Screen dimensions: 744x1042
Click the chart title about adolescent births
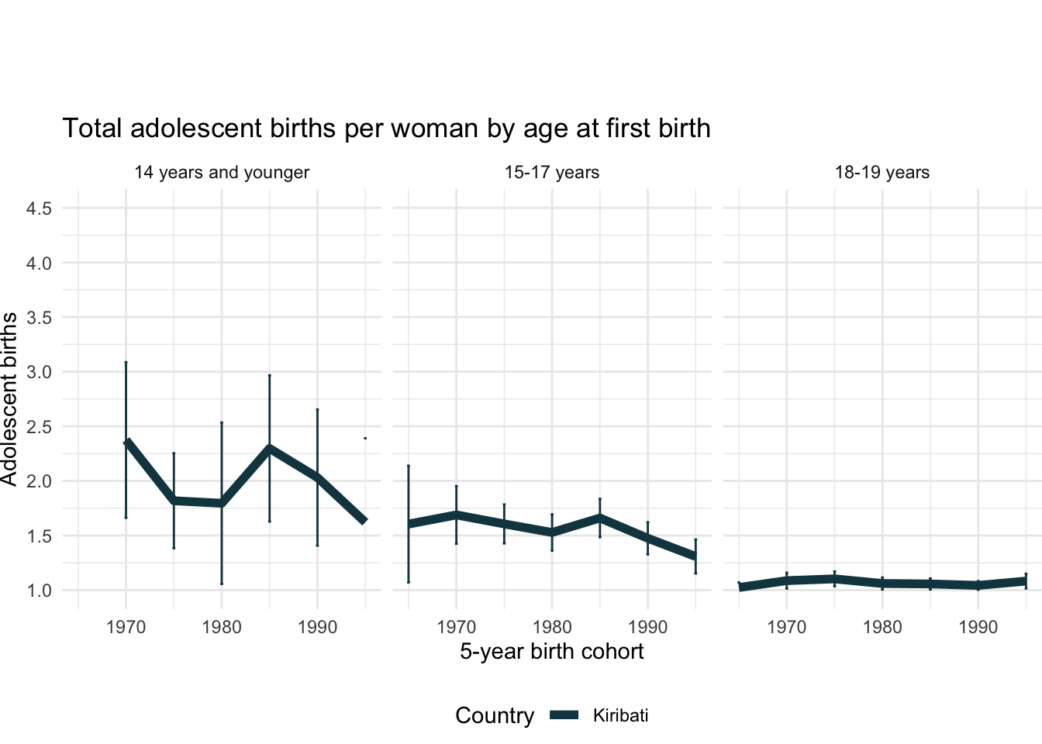pos(386,129)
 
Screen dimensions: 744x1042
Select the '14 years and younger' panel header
pos(222,173)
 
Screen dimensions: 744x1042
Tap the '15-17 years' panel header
pos(551,173)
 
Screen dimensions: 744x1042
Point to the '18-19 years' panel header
pos(882,173)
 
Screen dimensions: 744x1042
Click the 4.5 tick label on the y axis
pos(40,209)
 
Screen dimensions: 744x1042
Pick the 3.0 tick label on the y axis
pos(40,373)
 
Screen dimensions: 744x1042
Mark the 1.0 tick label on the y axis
pos(40,591)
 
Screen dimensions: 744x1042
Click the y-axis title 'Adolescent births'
pos(9,399)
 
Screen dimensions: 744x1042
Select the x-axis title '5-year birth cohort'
pos(551,652)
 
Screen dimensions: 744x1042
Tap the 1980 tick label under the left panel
pos(222,627)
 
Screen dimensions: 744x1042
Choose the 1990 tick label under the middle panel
pos(647,627)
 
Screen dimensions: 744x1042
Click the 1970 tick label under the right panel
pos(786,627)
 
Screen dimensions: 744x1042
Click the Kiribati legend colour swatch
pos(564,716)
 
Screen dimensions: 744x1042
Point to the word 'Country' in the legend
pos(495,716)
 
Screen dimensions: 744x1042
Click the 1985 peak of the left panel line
pos(269,448)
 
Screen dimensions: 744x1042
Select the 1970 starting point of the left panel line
pos(126,442)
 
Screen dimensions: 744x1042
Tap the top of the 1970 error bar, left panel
pos(126,362)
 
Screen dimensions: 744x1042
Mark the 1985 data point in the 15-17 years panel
pos(599,517)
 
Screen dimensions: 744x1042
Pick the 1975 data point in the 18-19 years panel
pos(834,578)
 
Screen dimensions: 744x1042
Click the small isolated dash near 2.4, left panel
pos(365,439)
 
